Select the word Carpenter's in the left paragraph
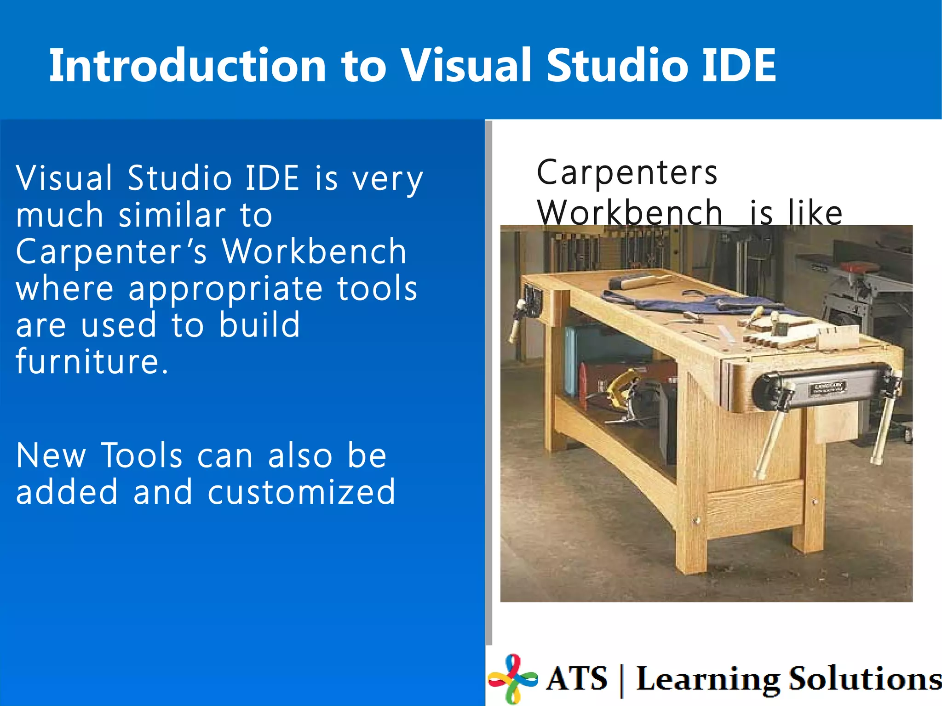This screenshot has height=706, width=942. coord(111,252)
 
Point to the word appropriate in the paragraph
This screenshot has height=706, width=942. coord(225,290)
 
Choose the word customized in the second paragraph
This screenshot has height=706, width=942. coord(301,492)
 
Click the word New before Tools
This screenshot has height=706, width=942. coord(51,455)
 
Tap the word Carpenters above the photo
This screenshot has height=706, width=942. coord(627,173)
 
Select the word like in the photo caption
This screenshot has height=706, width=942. coord(815,213)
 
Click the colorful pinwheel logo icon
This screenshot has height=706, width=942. coord(513,678)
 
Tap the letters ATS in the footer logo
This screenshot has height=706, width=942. coord(577,678)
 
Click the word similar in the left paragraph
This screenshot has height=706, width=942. coord(172,215)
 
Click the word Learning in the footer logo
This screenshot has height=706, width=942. coord(707,678)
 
